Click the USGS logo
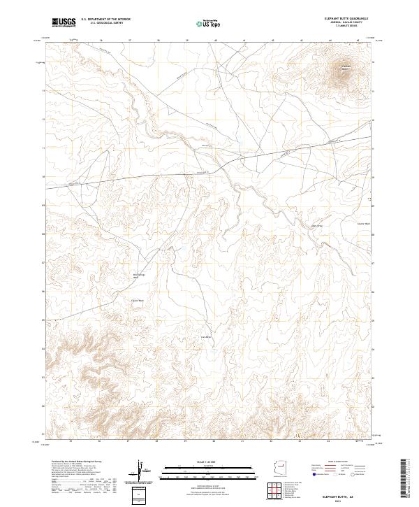click(x=64, y=22)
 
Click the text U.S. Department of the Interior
click(x=105, y=20)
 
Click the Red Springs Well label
click(x=138, y=276)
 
